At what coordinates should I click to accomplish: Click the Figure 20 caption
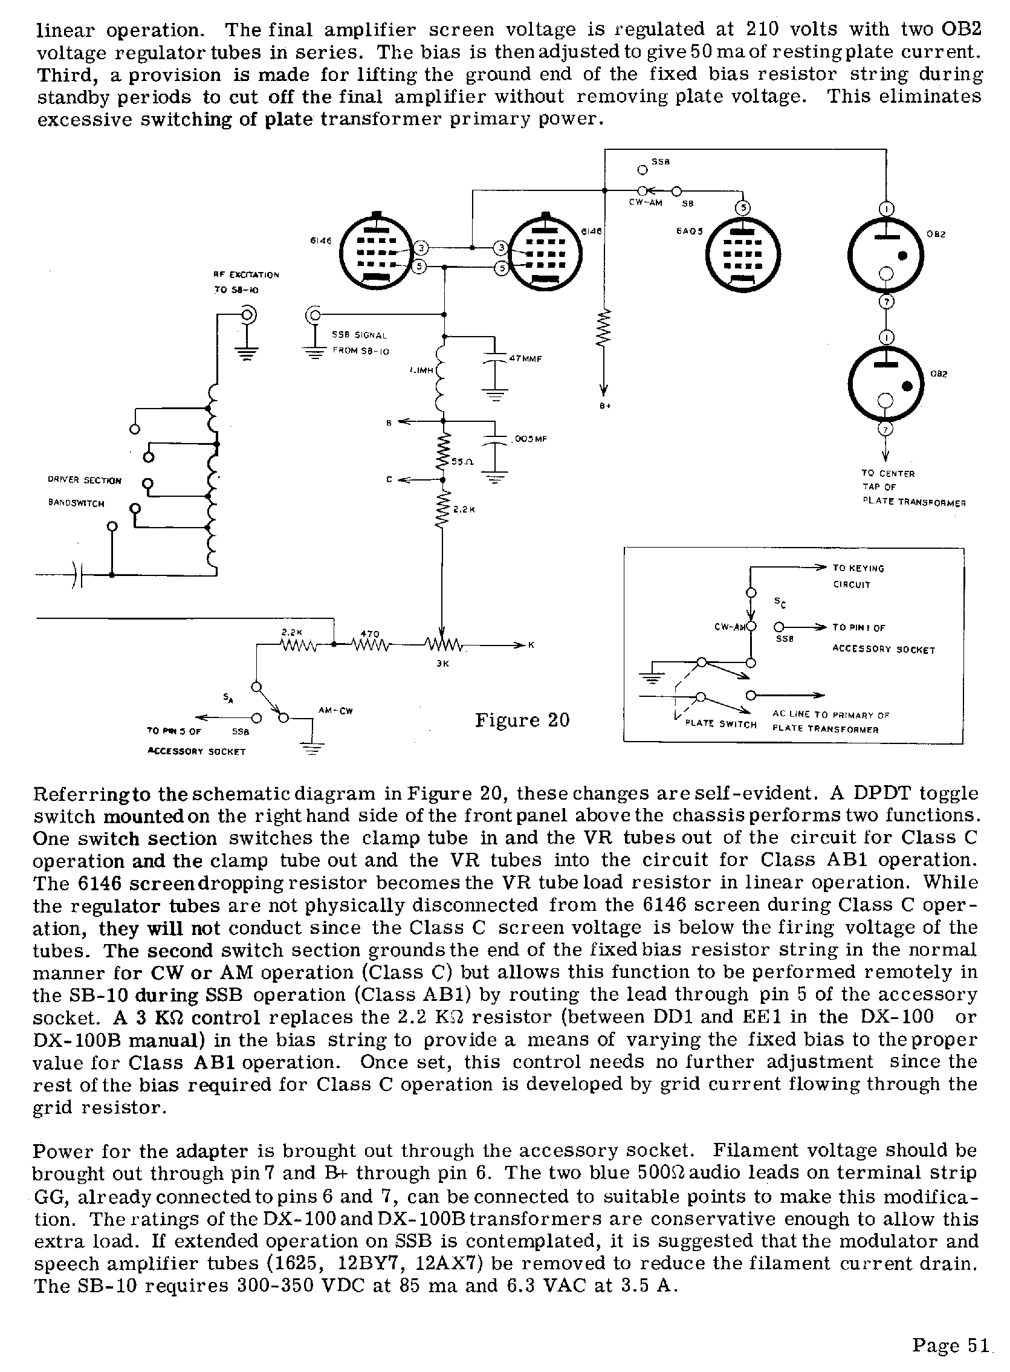tap(522, 720)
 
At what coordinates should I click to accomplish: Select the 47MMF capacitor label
tap(525, 359)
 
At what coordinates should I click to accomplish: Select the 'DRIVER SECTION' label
tap(85, 481)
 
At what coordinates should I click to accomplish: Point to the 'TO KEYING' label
tap(858, 568)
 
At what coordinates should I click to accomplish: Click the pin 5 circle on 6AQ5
tap(742, 208)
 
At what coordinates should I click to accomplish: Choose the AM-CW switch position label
tap(335, 710)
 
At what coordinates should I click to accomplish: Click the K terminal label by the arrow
tap(531, 644)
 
